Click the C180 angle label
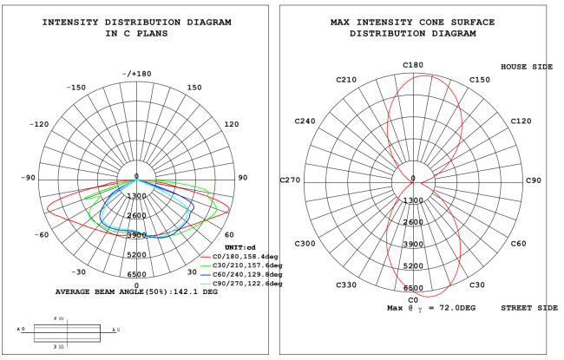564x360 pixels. click(x=413, y=65)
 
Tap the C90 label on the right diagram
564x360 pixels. click(x=533, y=180)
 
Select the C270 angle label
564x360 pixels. click(x=290, y=180)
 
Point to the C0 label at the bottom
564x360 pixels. click(x=413, y=300)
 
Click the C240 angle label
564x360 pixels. click(x=305, y=121)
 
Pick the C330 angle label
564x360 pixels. click(x=347, y=285)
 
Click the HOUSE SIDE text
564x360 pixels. click(x=526, y=67)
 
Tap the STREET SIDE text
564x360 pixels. click(x=526, y=308)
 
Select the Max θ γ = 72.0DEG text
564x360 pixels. click(x=431, y=308)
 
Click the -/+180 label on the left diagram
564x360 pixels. click(x=137, y=74)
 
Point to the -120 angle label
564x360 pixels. click(x=39, y=124)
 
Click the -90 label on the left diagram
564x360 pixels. click(x=29, y=178)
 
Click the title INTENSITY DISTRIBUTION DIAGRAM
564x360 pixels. click(x=136, y=22)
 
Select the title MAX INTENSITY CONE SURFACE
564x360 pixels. click(x=413, y=22)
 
